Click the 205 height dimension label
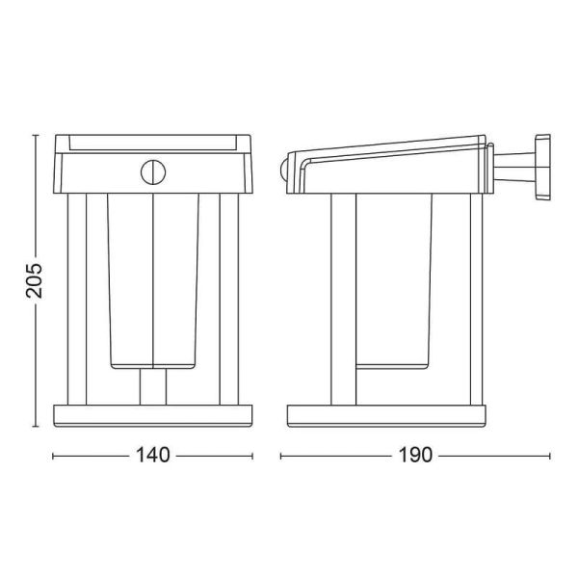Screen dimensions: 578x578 tap(34, 280)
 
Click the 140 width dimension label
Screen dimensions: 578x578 tap(153, 455)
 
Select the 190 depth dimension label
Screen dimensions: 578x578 tap(415, 455)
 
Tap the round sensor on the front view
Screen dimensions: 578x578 tap(153, 172)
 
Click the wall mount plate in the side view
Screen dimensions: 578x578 tap(542, 167)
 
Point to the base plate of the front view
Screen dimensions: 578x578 tap(153, 416)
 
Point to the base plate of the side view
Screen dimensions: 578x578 tap(386, 416)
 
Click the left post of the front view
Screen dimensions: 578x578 tap(77, 299)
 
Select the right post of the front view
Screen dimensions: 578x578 tap(229, 299)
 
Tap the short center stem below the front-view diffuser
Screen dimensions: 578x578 tap(153, 386)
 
